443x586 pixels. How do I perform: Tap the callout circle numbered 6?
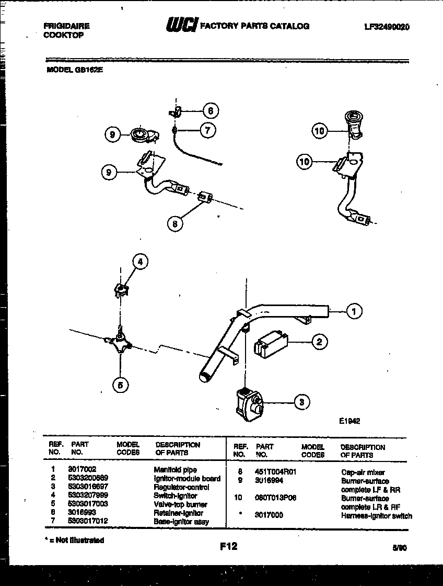point(210,110)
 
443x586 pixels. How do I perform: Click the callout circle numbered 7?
point(207,130)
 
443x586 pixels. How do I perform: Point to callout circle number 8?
point(175,224)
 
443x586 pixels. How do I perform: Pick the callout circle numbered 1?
point(354,311)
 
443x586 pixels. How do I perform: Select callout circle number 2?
point(319,342)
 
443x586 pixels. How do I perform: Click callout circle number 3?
point(301,402)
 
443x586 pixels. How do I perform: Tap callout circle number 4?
point(139,262)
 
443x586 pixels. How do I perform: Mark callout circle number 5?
point(120,386)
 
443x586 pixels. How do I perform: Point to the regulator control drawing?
point(248,402)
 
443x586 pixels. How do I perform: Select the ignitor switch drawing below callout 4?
point(121,290)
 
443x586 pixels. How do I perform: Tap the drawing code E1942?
point(348,421)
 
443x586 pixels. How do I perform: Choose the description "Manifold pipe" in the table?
point(175,470)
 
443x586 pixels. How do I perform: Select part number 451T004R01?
point(276,472)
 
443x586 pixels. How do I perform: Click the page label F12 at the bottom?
point(228,546)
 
